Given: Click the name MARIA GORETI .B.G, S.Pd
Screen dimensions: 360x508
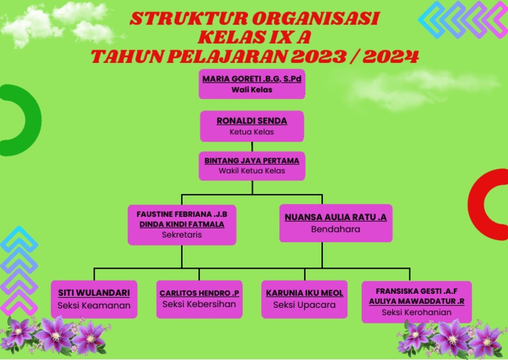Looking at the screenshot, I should point(251,79).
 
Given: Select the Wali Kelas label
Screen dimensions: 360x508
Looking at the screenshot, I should point(251,89).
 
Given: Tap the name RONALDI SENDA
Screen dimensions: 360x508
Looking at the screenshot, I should point(252,121).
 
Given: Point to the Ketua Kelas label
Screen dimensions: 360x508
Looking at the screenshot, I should point(252,132).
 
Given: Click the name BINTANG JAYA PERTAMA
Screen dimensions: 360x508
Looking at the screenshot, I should point(252,161).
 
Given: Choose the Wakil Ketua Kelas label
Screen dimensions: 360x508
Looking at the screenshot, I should point(252,171).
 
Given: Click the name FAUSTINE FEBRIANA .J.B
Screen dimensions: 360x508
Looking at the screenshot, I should point(182,214).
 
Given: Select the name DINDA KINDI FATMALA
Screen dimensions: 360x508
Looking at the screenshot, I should point(182,224).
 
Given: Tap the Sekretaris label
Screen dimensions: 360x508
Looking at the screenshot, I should point(182,235).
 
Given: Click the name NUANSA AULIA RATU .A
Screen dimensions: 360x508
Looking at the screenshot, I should point(335,217).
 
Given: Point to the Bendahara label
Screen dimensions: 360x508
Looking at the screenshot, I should point(335,230).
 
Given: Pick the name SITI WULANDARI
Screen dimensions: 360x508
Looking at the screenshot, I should point(94,292).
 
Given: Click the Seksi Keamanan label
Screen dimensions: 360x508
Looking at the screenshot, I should point(94,306).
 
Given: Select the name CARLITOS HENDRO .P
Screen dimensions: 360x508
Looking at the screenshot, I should point(199,293).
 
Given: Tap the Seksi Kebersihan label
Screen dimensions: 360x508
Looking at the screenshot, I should point(199,304).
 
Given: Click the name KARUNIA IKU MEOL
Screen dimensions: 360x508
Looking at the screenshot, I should point(304,293).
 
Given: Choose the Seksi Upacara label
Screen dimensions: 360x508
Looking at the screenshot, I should point(304,305).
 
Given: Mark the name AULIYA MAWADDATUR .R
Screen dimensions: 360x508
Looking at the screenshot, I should point(417,301).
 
